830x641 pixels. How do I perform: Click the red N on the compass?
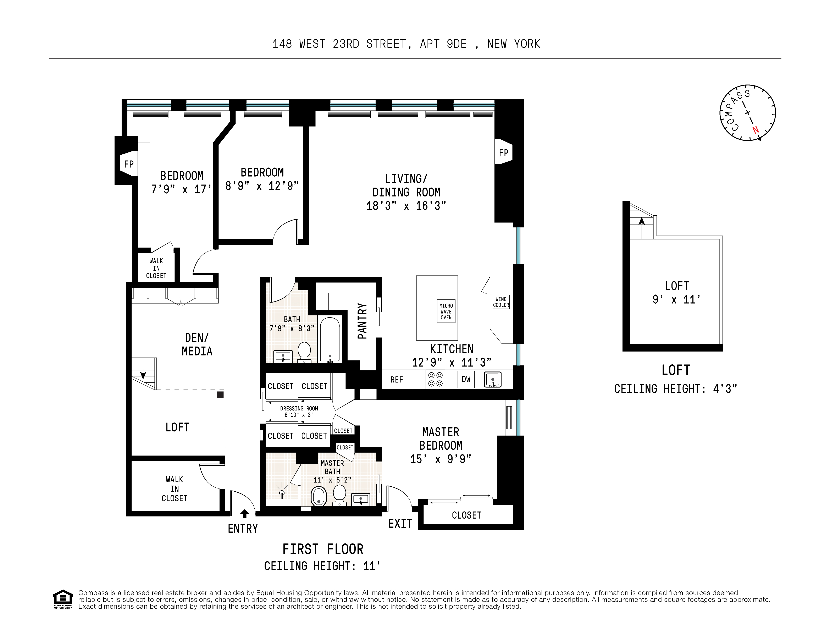point(756,130)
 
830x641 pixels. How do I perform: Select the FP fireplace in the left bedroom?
point(129,164)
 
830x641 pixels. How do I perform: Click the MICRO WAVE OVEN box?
point(446,311)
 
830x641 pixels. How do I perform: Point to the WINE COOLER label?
point(501,302)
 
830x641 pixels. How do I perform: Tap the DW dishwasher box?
point(466,379)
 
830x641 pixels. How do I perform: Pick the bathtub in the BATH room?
point(330,339)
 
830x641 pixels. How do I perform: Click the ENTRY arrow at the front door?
point(245,514)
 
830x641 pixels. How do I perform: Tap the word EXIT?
point(400,524)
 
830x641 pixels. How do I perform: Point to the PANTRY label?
point(362,321)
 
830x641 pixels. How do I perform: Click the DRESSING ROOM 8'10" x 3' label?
point(299,411)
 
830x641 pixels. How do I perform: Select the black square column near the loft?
point(220,395)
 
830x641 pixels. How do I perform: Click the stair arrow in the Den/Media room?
point(143,375)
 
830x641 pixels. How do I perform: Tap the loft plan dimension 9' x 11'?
point(676,299)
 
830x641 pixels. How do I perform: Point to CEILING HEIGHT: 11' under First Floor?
point(322,566)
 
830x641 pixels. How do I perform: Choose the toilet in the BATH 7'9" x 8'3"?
point(304,352)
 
